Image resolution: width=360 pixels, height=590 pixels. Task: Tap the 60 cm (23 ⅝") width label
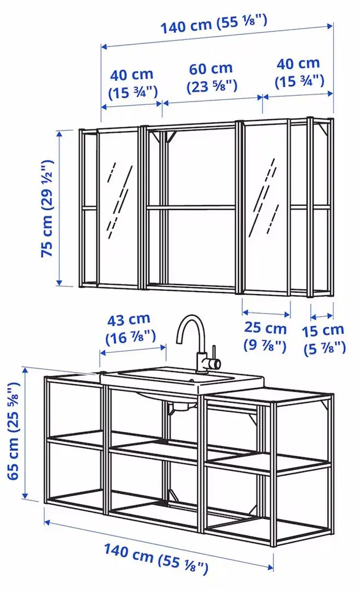tap(211, 78)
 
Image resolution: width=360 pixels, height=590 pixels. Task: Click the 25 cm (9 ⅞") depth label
tap(265, 337)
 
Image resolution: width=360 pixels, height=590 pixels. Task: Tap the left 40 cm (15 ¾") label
tap(132, 83)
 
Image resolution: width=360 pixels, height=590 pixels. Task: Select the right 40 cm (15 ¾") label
tap(299, 73)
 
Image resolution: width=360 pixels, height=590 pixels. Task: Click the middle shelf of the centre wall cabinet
tap(191, 206)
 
